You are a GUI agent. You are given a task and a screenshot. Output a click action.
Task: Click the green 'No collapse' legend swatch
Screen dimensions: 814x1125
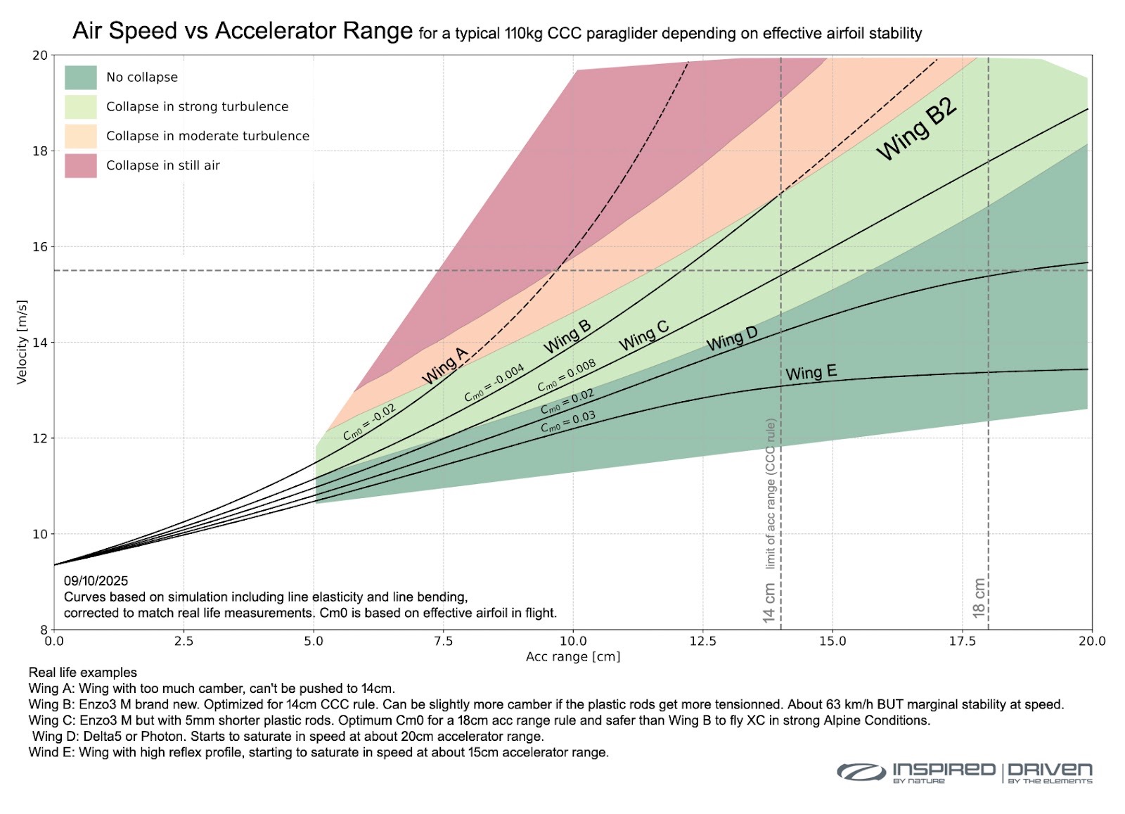tap(80, 77)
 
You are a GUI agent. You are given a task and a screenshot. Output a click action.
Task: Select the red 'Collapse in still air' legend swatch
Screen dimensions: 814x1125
tap(80, 166)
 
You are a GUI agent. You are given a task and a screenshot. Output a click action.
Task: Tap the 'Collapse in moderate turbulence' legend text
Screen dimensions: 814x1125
tap(207, 136)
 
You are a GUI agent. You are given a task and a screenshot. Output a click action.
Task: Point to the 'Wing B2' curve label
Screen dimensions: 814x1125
tap(917, 129)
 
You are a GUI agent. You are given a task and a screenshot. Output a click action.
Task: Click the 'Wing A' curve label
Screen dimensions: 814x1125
tap(444, 366)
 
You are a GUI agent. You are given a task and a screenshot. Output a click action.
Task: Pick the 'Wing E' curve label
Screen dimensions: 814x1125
tap(811, 373)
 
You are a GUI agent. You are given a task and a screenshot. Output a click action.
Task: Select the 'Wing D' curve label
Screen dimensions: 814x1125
tap(732, 339)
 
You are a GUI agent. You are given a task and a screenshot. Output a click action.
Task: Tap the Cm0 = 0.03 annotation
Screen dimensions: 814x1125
tap(567, 422)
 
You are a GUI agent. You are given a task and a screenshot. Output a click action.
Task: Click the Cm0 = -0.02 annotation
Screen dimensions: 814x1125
tap(369, 422)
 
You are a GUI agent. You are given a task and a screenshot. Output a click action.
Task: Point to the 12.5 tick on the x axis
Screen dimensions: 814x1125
tap(702, 641)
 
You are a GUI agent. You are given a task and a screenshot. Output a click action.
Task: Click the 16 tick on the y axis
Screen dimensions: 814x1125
tap(39, 247)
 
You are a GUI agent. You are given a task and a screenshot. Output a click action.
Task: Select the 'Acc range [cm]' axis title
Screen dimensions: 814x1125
tap(573, 656)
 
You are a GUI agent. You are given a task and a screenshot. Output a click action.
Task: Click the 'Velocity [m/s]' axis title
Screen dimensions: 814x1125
tap(22, 342)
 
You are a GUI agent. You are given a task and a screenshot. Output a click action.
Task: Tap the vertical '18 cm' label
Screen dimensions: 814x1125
tap(979, 598)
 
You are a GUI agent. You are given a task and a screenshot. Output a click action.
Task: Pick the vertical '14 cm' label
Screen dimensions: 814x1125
tap(769, 602)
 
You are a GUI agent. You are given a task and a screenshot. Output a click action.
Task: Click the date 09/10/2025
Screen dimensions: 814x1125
tap(96, 581)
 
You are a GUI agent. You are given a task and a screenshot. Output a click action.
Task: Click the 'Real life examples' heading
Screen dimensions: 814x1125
tap(82, 673)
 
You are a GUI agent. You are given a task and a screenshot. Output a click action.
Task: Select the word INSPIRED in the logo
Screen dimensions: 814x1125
tap(944, 770)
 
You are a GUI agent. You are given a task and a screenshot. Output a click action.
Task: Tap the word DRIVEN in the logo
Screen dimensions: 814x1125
tap(1050, 770)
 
